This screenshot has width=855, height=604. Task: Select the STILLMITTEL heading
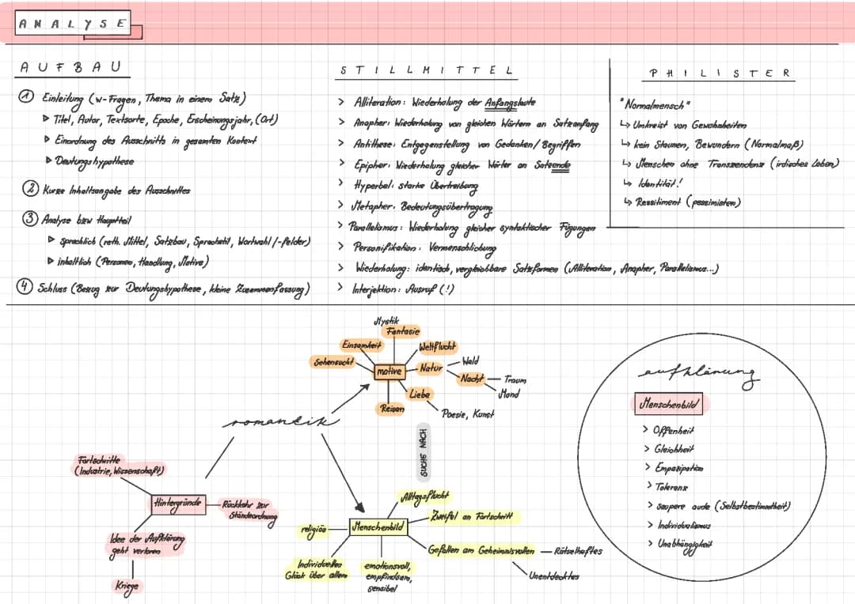click(x=426, y=70)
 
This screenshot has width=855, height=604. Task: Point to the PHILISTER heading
click(x=719, y=73)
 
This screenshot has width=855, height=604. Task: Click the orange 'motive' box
click(x=389, y=371)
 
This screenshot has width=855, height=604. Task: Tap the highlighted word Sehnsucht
click(x=332, y=361)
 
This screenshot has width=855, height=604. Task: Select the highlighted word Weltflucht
click(x=437, y=347)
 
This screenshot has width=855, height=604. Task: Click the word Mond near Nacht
click(x=509, y=393)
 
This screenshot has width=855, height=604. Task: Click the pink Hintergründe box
click(x=177, y=503)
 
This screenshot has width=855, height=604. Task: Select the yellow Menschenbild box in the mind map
click(x=378, y=526)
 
